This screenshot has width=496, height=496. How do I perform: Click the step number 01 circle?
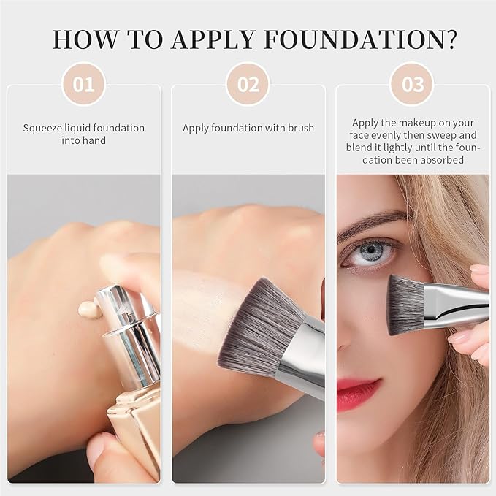pyautogui.click(x=83, y=85)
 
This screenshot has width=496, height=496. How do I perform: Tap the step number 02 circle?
pyautogui.click(x=248, y=85)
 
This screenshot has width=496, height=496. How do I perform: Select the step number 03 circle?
pyautogui.click(x=413, y=85)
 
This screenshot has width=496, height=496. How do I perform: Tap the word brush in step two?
pyautogui.click(x=300, y=128)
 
